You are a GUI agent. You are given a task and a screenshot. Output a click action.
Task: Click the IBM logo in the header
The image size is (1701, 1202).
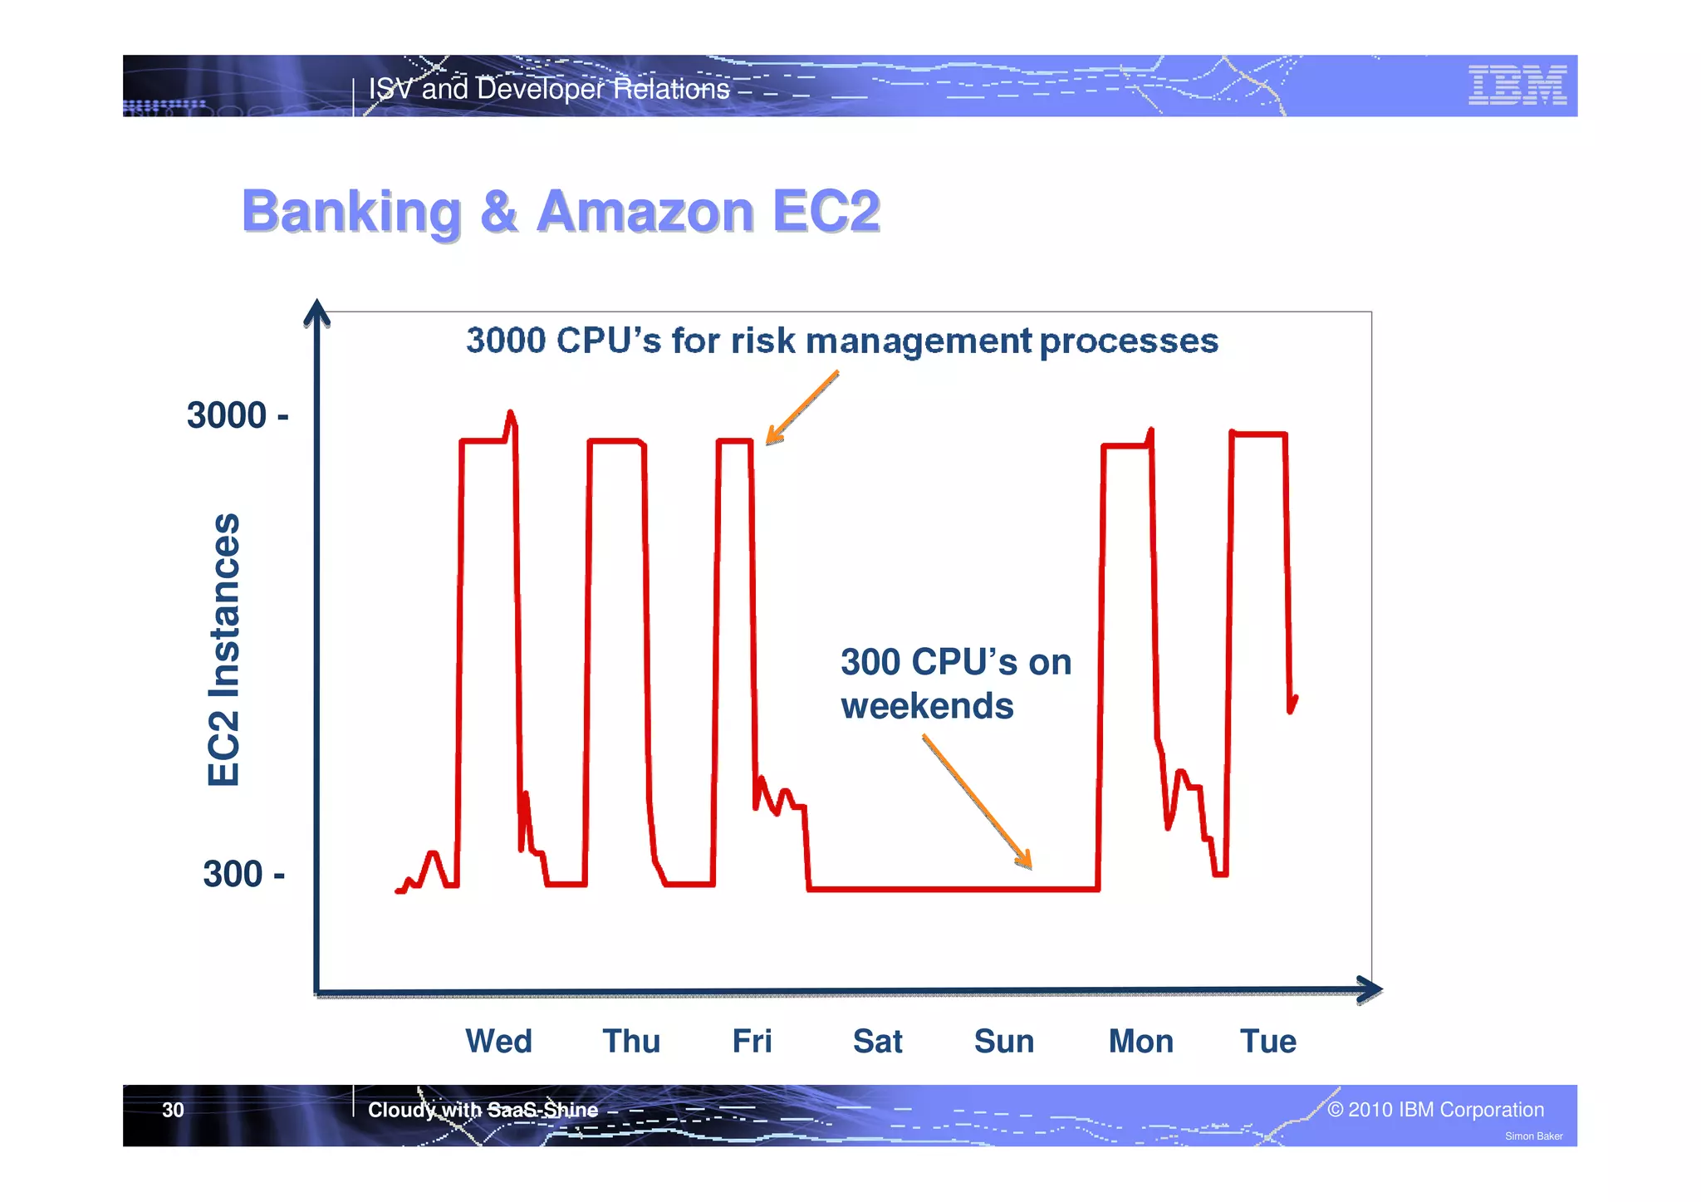pyautogui.click(x=1517, y=86)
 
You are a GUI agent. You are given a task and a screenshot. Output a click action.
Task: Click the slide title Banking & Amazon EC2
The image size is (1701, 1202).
pyautogui.click(x=561, y=211)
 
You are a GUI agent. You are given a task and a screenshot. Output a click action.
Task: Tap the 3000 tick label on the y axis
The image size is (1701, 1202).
pyautogui.click(x=237, y=415)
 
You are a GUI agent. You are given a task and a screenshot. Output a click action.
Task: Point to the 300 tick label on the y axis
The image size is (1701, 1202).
pyautogui.click(x=243, y=874)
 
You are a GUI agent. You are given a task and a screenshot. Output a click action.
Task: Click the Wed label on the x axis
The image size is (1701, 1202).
pyautogui.click(x=498, y=1041)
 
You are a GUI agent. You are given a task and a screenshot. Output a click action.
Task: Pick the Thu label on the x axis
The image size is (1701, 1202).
pyautogui.click(x=631, y=1041)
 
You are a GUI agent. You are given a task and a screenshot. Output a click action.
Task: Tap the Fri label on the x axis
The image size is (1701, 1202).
pyautogui.click(x=752, y=1041)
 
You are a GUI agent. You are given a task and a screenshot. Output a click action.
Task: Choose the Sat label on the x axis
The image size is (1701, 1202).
pyautogui.click(x=877, y=1041)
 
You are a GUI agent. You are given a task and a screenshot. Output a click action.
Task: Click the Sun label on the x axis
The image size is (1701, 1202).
pyautogui.click(x=1003, y=1041)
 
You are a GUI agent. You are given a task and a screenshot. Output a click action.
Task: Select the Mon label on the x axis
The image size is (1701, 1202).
pyautogui.click(x=1140, y=1041)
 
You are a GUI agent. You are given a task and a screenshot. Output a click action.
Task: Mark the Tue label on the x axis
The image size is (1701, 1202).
pyautogui.click(x=1267, y=1041)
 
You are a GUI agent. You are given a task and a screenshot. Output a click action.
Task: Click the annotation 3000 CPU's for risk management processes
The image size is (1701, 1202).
pyautogui.click(x=841, y=341)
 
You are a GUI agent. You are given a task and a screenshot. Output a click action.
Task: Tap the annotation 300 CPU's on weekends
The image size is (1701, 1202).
pyautogui.click(x=955, y=684)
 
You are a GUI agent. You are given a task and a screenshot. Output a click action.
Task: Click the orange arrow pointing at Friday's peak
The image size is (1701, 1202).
pyautogui.click(x=801, y=408)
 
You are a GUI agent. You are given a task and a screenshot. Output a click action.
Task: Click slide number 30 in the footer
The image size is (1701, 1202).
pyautogui.click(x=173, y=1110)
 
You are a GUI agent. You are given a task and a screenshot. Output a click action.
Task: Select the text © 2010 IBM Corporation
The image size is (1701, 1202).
pyautogui.click(x=1435, y=1110)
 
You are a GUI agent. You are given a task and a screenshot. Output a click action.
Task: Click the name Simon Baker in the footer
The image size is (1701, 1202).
pyautogui.click(x=1533, y=1136)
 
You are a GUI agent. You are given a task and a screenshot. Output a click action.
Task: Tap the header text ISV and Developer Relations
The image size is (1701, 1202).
pyautogui.click(x=549, y=89)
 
